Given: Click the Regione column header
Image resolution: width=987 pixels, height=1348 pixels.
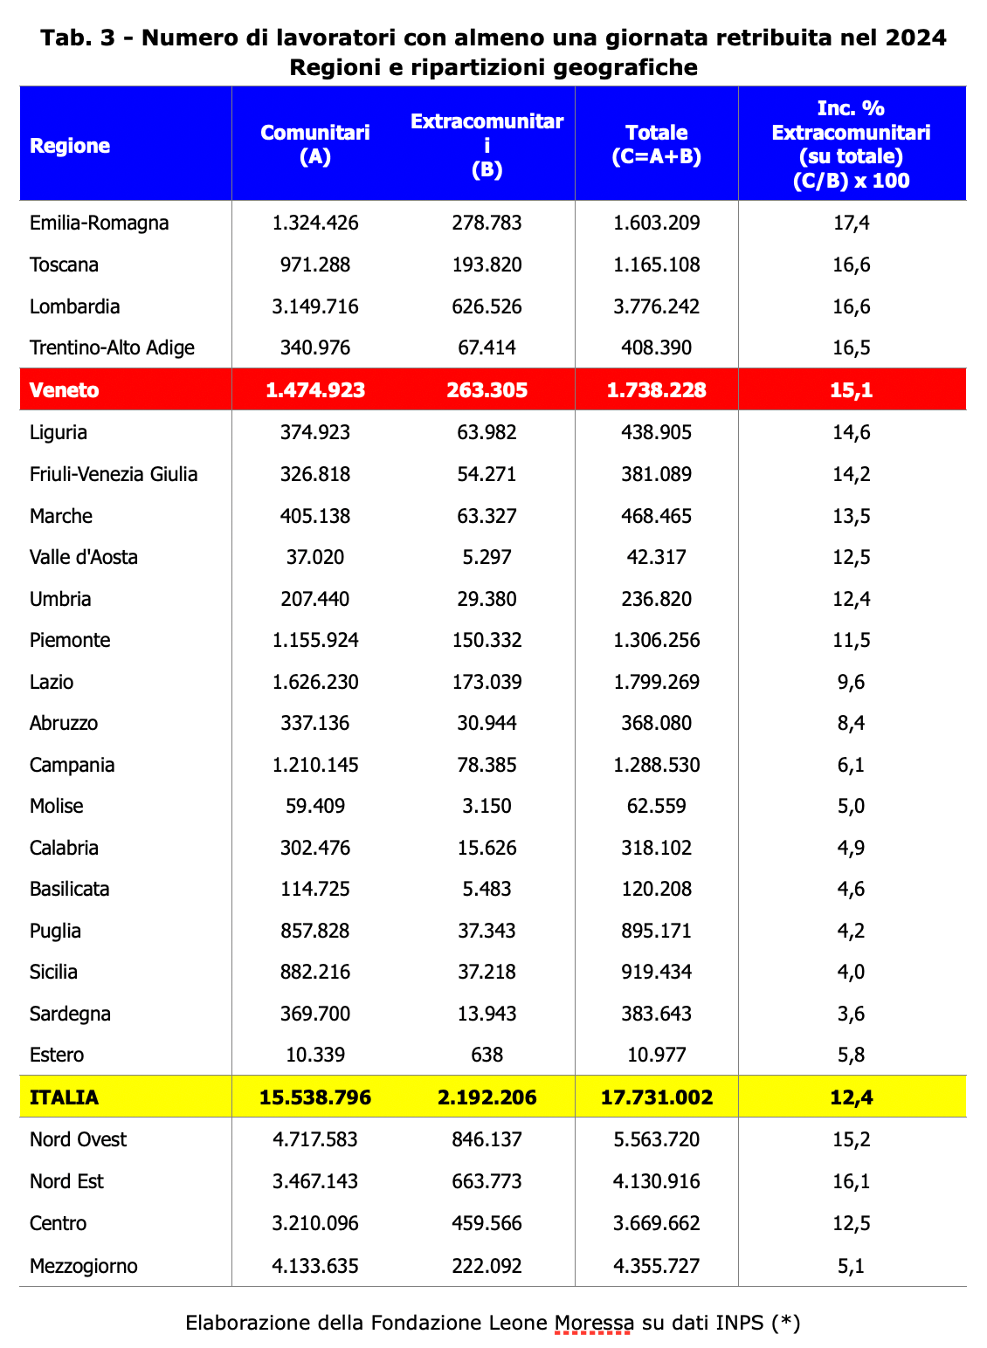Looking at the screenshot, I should (70, 146).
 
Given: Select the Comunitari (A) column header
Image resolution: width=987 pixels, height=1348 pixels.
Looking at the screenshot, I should (315, 144).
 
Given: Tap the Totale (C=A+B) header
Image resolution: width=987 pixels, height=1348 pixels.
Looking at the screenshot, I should (657, 144).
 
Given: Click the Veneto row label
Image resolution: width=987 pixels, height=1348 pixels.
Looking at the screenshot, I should (65, 390).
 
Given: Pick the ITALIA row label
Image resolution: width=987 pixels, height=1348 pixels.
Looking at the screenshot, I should (65, 1097).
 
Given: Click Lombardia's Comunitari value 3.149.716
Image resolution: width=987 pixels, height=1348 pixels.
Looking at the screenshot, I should (315, 306).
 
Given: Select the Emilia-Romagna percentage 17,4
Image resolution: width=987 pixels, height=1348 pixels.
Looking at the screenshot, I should (851, 223).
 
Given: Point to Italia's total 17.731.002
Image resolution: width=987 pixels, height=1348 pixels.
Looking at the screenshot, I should (657, 1097).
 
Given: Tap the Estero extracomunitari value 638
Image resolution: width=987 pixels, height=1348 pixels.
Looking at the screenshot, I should (487, 1055).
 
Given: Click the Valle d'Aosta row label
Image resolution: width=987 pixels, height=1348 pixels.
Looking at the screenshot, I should (84, 557).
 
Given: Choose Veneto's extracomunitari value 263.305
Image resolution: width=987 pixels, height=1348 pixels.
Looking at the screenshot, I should (487, 390).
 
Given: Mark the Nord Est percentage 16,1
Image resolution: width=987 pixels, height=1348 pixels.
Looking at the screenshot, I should (851, 1181).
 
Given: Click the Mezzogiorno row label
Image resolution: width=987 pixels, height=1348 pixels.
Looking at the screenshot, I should (84, 1266).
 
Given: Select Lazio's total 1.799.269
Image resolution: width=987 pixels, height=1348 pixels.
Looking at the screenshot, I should (657, 682).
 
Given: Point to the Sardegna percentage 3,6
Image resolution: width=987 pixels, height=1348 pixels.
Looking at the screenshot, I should (851, 1014).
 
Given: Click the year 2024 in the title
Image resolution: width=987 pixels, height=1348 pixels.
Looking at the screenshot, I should (915, 38).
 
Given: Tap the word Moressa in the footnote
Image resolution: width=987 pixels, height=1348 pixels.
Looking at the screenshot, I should (594, 1323).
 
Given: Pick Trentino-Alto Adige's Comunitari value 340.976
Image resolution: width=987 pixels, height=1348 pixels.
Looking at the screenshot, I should (315, 347).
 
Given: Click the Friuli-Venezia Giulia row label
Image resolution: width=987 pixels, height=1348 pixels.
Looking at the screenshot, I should (114, 474).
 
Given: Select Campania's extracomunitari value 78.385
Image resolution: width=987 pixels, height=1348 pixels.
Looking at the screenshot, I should (487, 765).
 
